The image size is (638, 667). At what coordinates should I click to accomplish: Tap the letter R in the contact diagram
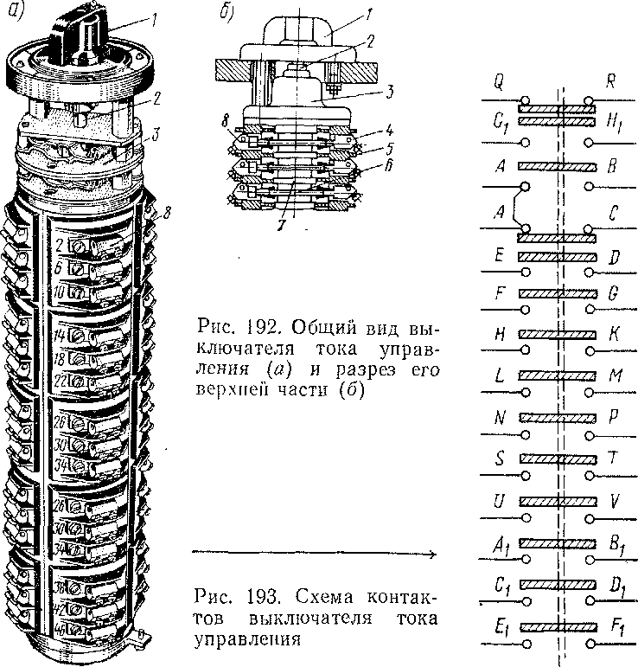[x=611, y=84]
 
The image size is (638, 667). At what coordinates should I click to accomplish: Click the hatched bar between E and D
[x=558, y=257]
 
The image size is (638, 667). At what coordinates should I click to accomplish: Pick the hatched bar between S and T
[x=558, y=459]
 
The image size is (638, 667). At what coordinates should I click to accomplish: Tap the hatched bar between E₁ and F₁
[x=558, y=625]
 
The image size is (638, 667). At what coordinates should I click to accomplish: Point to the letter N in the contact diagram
[x=501, y=416]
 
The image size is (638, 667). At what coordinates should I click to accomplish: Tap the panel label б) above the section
[x=226, y=12]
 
